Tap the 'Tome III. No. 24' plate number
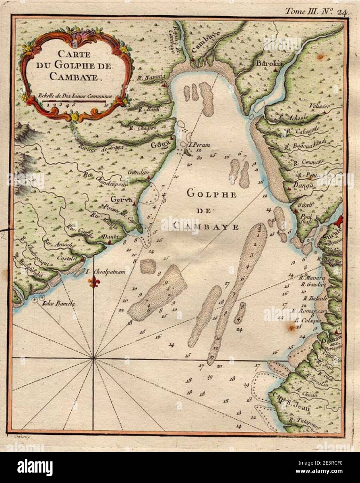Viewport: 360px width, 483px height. (x=315, y=11)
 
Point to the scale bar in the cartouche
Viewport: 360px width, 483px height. (x=75, y=101)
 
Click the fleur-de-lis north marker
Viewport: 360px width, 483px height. (x=93, y=282)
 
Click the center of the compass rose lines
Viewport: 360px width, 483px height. (x=93, y=358)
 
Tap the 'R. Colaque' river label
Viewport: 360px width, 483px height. (x=307, y=320)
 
